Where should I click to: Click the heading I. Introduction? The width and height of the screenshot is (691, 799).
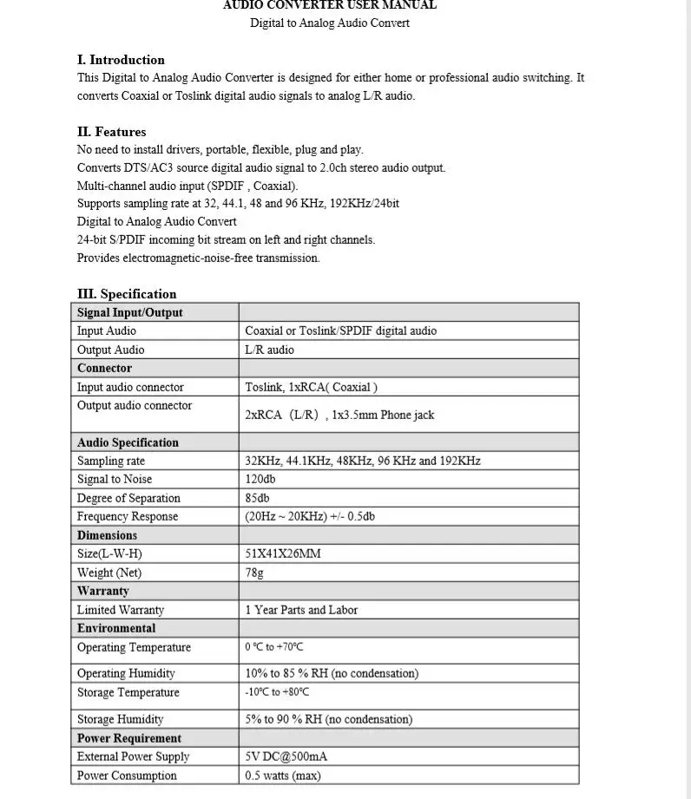121,60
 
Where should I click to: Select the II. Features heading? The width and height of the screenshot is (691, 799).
111,132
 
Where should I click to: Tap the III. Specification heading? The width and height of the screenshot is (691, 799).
127,293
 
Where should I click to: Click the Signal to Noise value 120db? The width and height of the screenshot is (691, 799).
260,479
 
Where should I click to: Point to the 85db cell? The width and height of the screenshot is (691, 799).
258,498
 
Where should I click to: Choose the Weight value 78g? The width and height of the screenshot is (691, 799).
254,573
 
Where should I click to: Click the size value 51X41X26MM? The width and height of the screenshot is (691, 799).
283,553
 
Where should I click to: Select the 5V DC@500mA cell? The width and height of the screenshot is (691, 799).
286,756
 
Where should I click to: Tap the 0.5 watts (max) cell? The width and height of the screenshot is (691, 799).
283,776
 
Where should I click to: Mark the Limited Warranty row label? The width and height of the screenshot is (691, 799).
121,610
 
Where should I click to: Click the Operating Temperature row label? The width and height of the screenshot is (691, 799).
134,647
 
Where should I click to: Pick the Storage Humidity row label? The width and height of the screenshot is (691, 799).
120,719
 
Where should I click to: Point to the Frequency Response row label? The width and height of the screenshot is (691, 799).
128,516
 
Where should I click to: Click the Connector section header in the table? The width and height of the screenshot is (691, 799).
104,368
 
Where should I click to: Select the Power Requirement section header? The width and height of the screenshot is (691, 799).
129,738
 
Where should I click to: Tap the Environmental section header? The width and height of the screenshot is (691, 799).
116,628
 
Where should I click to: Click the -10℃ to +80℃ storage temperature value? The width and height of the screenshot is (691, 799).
277,692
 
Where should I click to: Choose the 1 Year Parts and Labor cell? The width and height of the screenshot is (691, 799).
301,610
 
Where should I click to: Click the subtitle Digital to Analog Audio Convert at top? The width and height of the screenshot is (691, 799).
330,23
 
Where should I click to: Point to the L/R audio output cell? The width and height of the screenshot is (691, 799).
269,350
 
